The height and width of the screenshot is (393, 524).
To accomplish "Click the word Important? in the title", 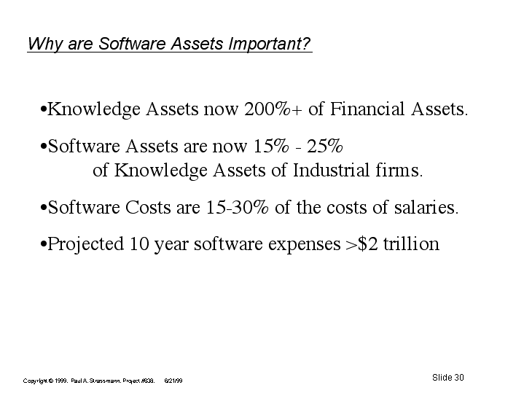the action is point(270,44).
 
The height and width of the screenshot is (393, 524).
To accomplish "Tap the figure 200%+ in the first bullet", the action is point(273,109).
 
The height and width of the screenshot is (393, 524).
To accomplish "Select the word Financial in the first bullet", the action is point(367,109).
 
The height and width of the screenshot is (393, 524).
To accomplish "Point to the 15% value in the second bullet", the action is point(270,146).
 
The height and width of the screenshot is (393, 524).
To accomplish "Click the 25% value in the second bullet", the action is point(325,146).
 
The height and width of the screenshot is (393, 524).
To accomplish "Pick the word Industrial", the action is point(331,170).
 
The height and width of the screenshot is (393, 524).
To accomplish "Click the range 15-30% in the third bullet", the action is point(237,207).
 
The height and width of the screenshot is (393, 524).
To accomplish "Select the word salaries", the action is point(426,207).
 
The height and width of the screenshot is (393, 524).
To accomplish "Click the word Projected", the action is point(85,244).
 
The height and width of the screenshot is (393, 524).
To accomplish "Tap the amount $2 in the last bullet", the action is point(367,244).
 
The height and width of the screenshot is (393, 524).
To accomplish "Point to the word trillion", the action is point(411,244).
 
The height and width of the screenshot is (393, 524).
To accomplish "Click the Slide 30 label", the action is point(447,377).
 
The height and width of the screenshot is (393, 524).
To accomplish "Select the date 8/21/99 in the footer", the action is point(173,381).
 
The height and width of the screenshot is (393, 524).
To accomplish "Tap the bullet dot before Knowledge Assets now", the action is point(43,109).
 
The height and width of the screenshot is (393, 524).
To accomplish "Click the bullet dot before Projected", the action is point(43,244).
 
